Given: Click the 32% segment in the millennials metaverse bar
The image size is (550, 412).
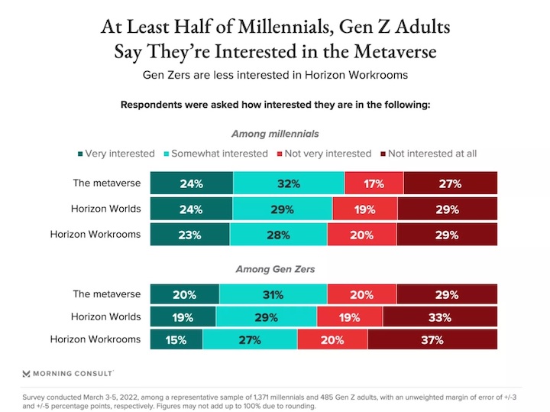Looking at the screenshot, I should pos(289,183).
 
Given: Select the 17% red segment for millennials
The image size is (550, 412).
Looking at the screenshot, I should pos(374,183).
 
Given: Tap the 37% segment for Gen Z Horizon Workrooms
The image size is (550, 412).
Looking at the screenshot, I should pos(432,340).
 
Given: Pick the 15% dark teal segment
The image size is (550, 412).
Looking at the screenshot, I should pos(176,340).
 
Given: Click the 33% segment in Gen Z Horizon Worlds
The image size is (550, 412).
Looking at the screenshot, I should pos(439,317).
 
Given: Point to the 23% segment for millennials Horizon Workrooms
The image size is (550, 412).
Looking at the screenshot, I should pos(189,235).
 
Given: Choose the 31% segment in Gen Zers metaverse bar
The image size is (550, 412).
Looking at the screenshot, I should pos(273,294).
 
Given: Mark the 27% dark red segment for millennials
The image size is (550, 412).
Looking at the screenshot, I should pos(450,183).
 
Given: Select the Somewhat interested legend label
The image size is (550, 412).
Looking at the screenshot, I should pos(219,154).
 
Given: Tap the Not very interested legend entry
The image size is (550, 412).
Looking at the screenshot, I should pos(328,154).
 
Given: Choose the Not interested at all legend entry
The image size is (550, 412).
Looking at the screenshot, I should pos(432,154).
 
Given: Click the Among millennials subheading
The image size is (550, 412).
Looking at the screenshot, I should pos(274,134).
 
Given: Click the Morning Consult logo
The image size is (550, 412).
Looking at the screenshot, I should pos(68,373).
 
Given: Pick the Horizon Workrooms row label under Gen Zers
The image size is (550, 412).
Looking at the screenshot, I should pos(95,339).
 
